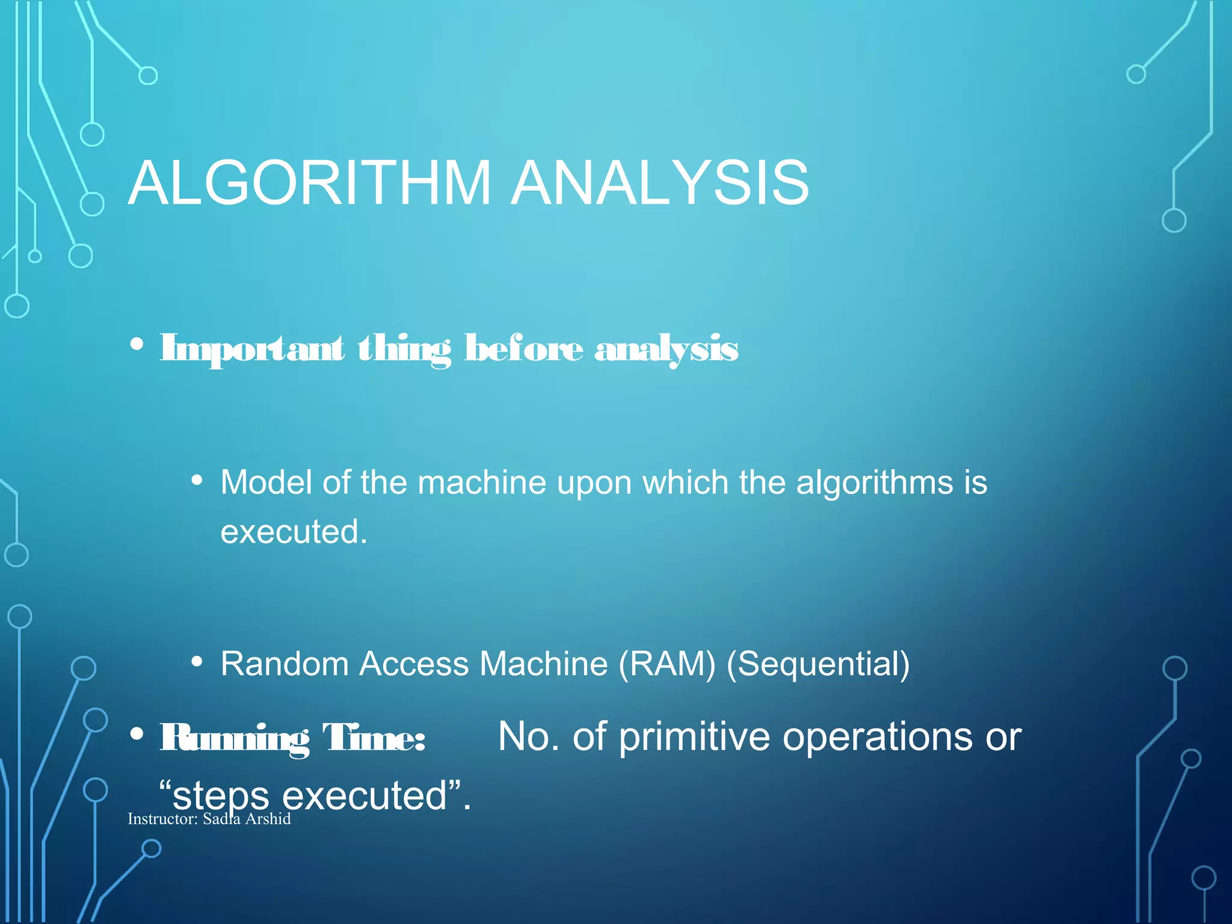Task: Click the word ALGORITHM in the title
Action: (310, 183)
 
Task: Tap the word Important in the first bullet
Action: (251, 350)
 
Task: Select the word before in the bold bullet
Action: (523, 348)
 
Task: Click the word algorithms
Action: (875, 484)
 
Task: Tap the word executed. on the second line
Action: (294, 532)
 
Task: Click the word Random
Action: (285, 664)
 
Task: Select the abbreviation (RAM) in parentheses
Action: (667, 664)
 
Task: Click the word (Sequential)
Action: (818, 664)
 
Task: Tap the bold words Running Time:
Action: (292, 738)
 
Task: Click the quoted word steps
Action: (220, 796)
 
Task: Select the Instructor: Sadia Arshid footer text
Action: (209, 819)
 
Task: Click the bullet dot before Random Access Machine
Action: (196, 662)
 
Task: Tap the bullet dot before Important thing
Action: (137, 345)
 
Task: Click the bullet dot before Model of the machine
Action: (196, 481)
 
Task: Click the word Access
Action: (414, 664)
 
